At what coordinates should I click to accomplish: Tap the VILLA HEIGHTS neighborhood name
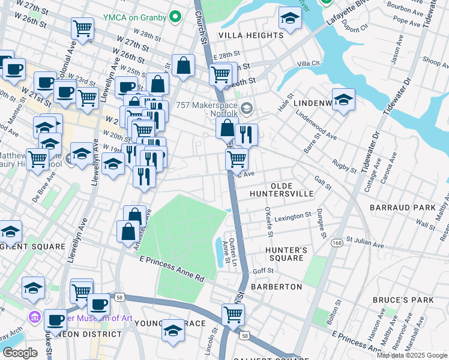250,35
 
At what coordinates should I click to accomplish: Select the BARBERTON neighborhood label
276,287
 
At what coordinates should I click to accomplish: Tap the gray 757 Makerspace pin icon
248,107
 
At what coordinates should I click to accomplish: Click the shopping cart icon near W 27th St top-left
82,28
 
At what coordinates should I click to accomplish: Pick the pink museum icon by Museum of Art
34,316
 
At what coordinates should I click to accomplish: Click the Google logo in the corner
20,353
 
